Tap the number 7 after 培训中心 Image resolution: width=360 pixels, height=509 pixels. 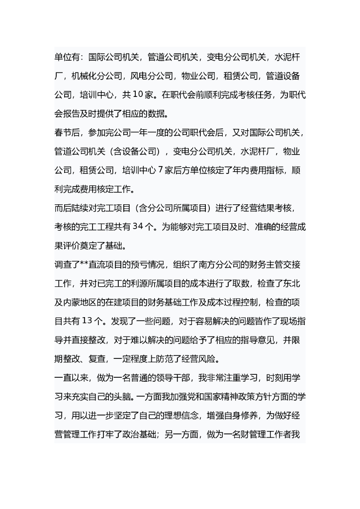[161, 170]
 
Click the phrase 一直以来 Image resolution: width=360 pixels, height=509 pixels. [71, 378]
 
